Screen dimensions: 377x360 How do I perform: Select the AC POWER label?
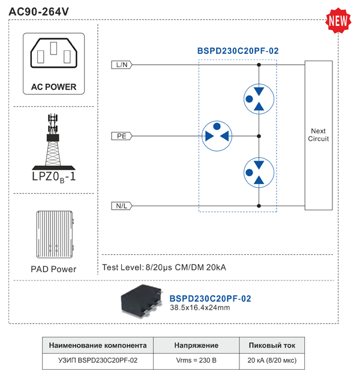coord(53,87)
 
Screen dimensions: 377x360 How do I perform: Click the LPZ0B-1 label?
coord(53,177)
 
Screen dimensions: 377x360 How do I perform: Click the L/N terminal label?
coord(122,65)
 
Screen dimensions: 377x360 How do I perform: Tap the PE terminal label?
coord(122,136)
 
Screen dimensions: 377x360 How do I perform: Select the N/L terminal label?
coord(122,206)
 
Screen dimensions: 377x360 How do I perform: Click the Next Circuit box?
coord(318,135)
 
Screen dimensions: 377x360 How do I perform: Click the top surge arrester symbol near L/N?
coord(258,98)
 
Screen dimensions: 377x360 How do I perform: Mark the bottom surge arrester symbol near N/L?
coord(258,172)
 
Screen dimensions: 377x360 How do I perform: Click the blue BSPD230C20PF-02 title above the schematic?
coord(238,51)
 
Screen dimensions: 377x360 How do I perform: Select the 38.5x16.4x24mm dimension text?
coord(199,308)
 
